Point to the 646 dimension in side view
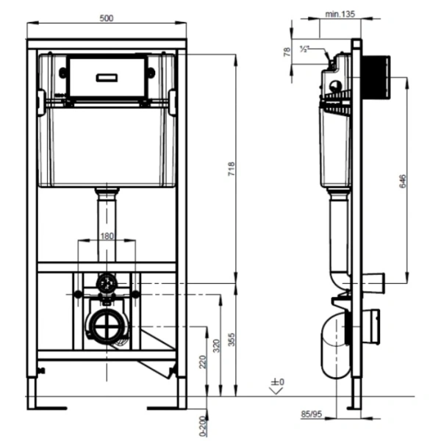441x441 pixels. [x=402, y=182]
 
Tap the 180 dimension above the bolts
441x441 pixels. [x=107, y=235]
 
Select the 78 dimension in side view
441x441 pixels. [x=287, y=51]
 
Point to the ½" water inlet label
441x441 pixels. [x=305, y=49]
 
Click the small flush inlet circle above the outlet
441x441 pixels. [x=107, y=282]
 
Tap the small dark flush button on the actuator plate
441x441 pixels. [x=107, y=73]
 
